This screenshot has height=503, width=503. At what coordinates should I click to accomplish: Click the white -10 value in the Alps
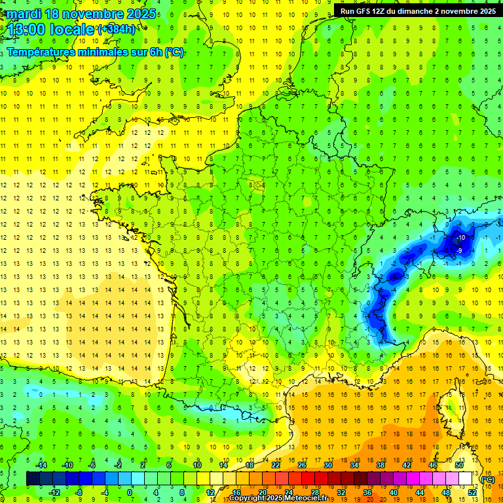coord(461,237)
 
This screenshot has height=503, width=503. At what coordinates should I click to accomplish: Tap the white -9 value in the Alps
coord(460,250)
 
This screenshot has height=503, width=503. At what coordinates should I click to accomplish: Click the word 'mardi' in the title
coord(25,14)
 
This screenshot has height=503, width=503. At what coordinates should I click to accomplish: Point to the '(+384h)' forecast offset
coord(116,29)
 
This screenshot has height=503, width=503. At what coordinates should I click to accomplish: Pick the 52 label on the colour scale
coord(472,492)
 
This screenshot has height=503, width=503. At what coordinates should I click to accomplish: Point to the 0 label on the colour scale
coord(130,492)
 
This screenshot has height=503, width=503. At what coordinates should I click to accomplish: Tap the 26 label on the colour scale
coord(301,465)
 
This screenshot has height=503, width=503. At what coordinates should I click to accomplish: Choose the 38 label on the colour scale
coord(380,465)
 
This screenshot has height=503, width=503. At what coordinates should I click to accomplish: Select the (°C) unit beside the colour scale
coord(487,479)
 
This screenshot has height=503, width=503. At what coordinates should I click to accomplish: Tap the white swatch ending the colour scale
coord(465,479)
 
